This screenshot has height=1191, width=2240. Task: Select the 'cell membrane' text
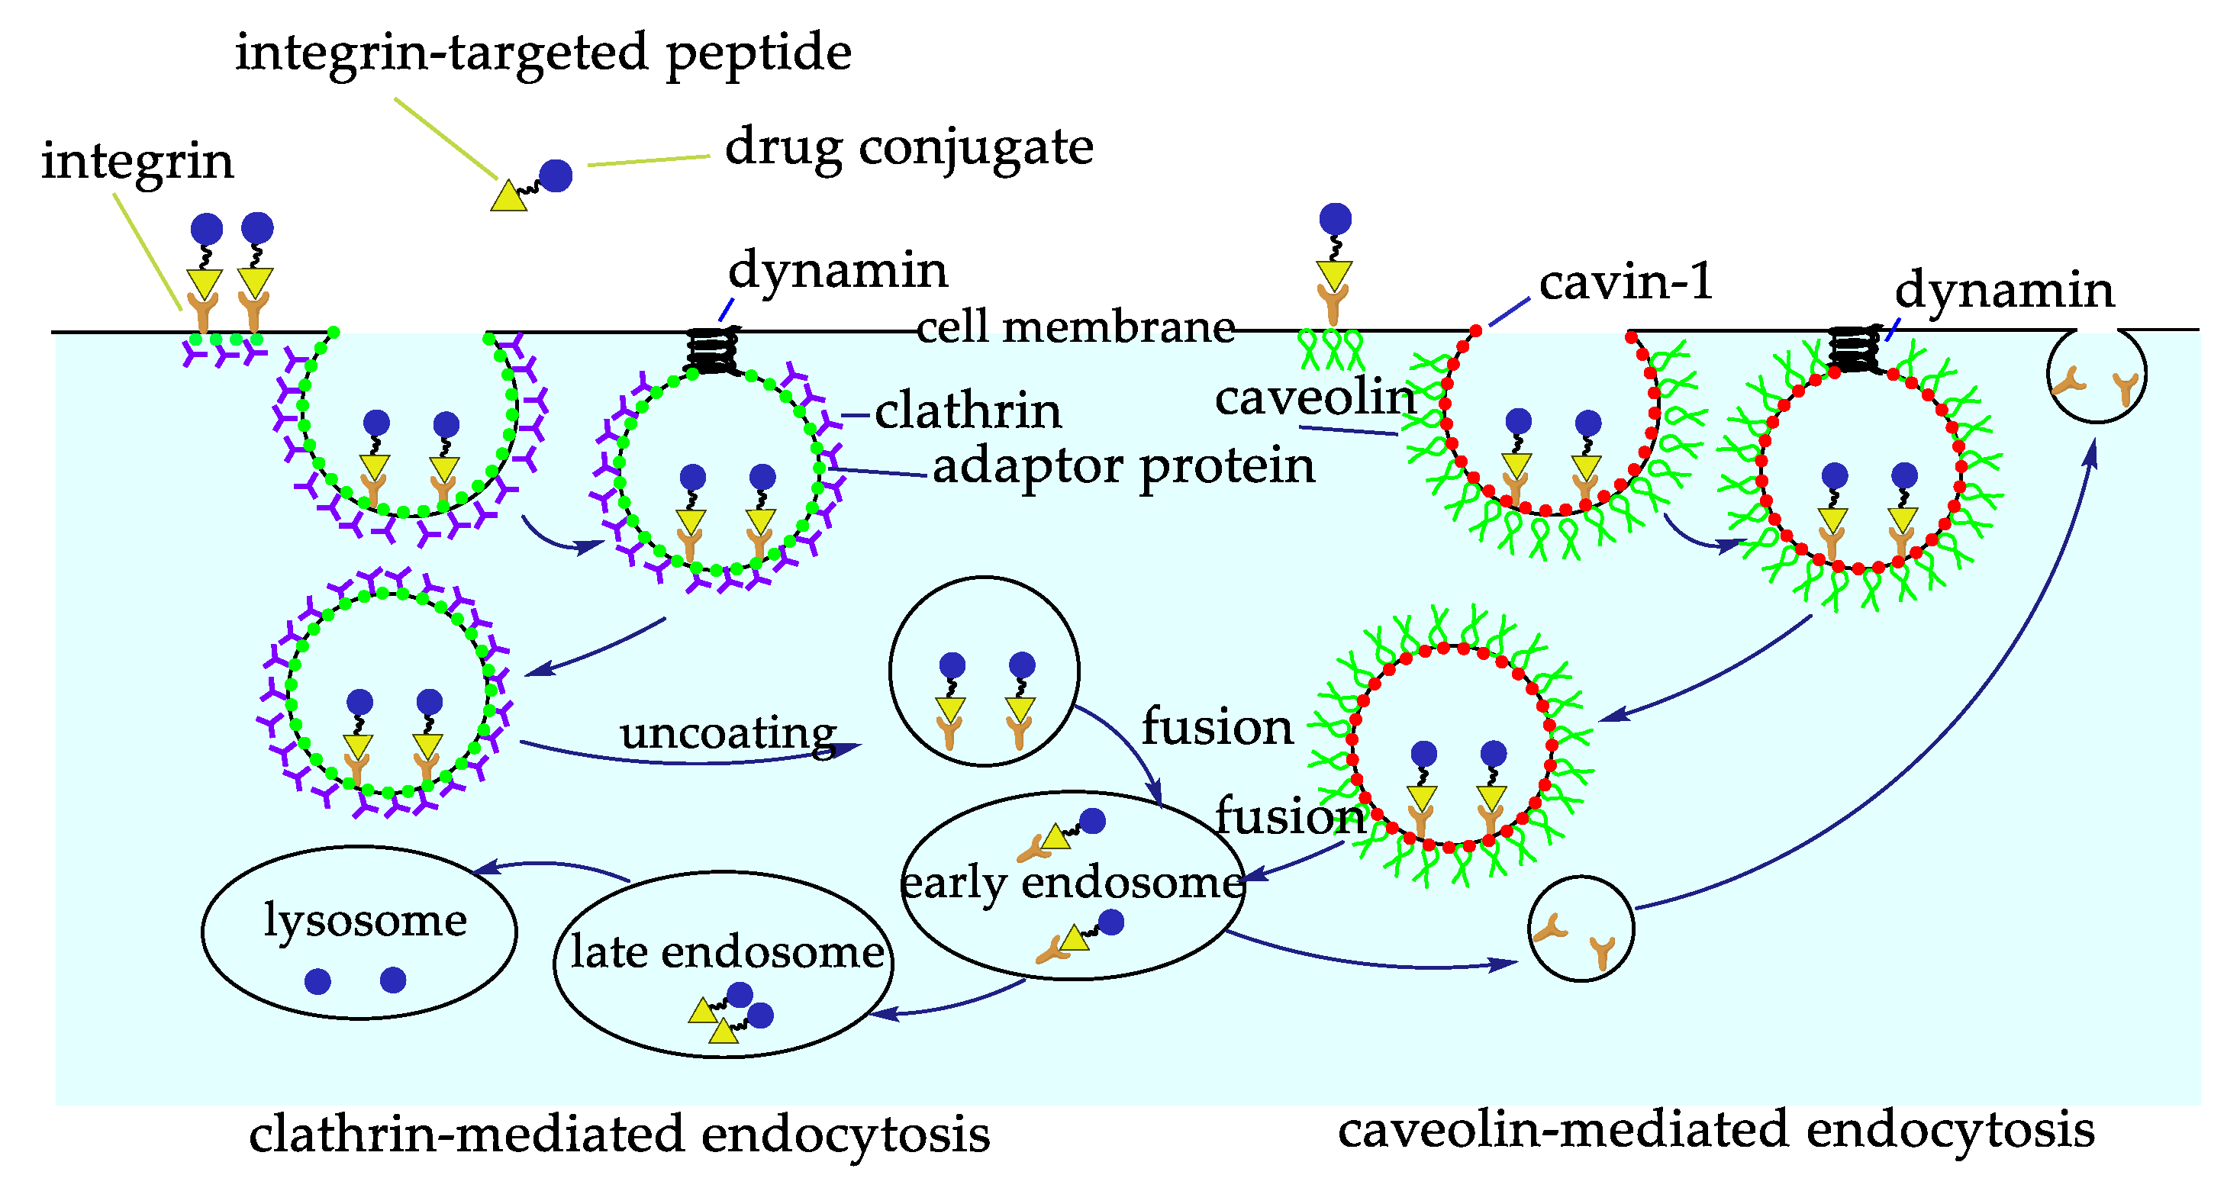pos(1075,328)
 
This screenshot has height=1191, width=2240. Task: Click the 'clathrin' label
pos(967,411)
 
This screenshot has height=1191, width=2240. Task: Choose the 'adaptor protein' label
pos(1123,466)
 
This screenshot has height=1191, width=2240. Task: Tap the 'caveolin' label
pos(1315,399)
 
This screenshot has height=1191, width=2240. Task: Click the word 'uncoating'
pos(727,733)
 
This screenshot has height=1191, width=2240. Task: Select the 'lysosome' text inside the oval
pos(366,920)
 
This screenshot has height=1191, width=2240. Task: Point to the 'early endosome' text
pos(1072,884)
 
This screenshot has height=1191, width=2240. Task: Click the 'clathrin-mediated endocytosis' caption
pos(619,1135)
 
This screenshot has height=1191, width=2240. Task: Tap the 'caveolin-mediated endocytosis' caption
pos(1715,1131)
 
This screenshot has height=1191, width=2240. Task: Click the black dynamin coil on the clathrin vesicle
pos(713,350)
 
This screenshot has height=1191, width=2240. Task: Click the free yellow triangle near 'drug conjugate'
pos(509,197)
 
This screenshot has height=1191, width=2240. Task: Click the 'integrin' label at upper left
pos(137,162)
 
